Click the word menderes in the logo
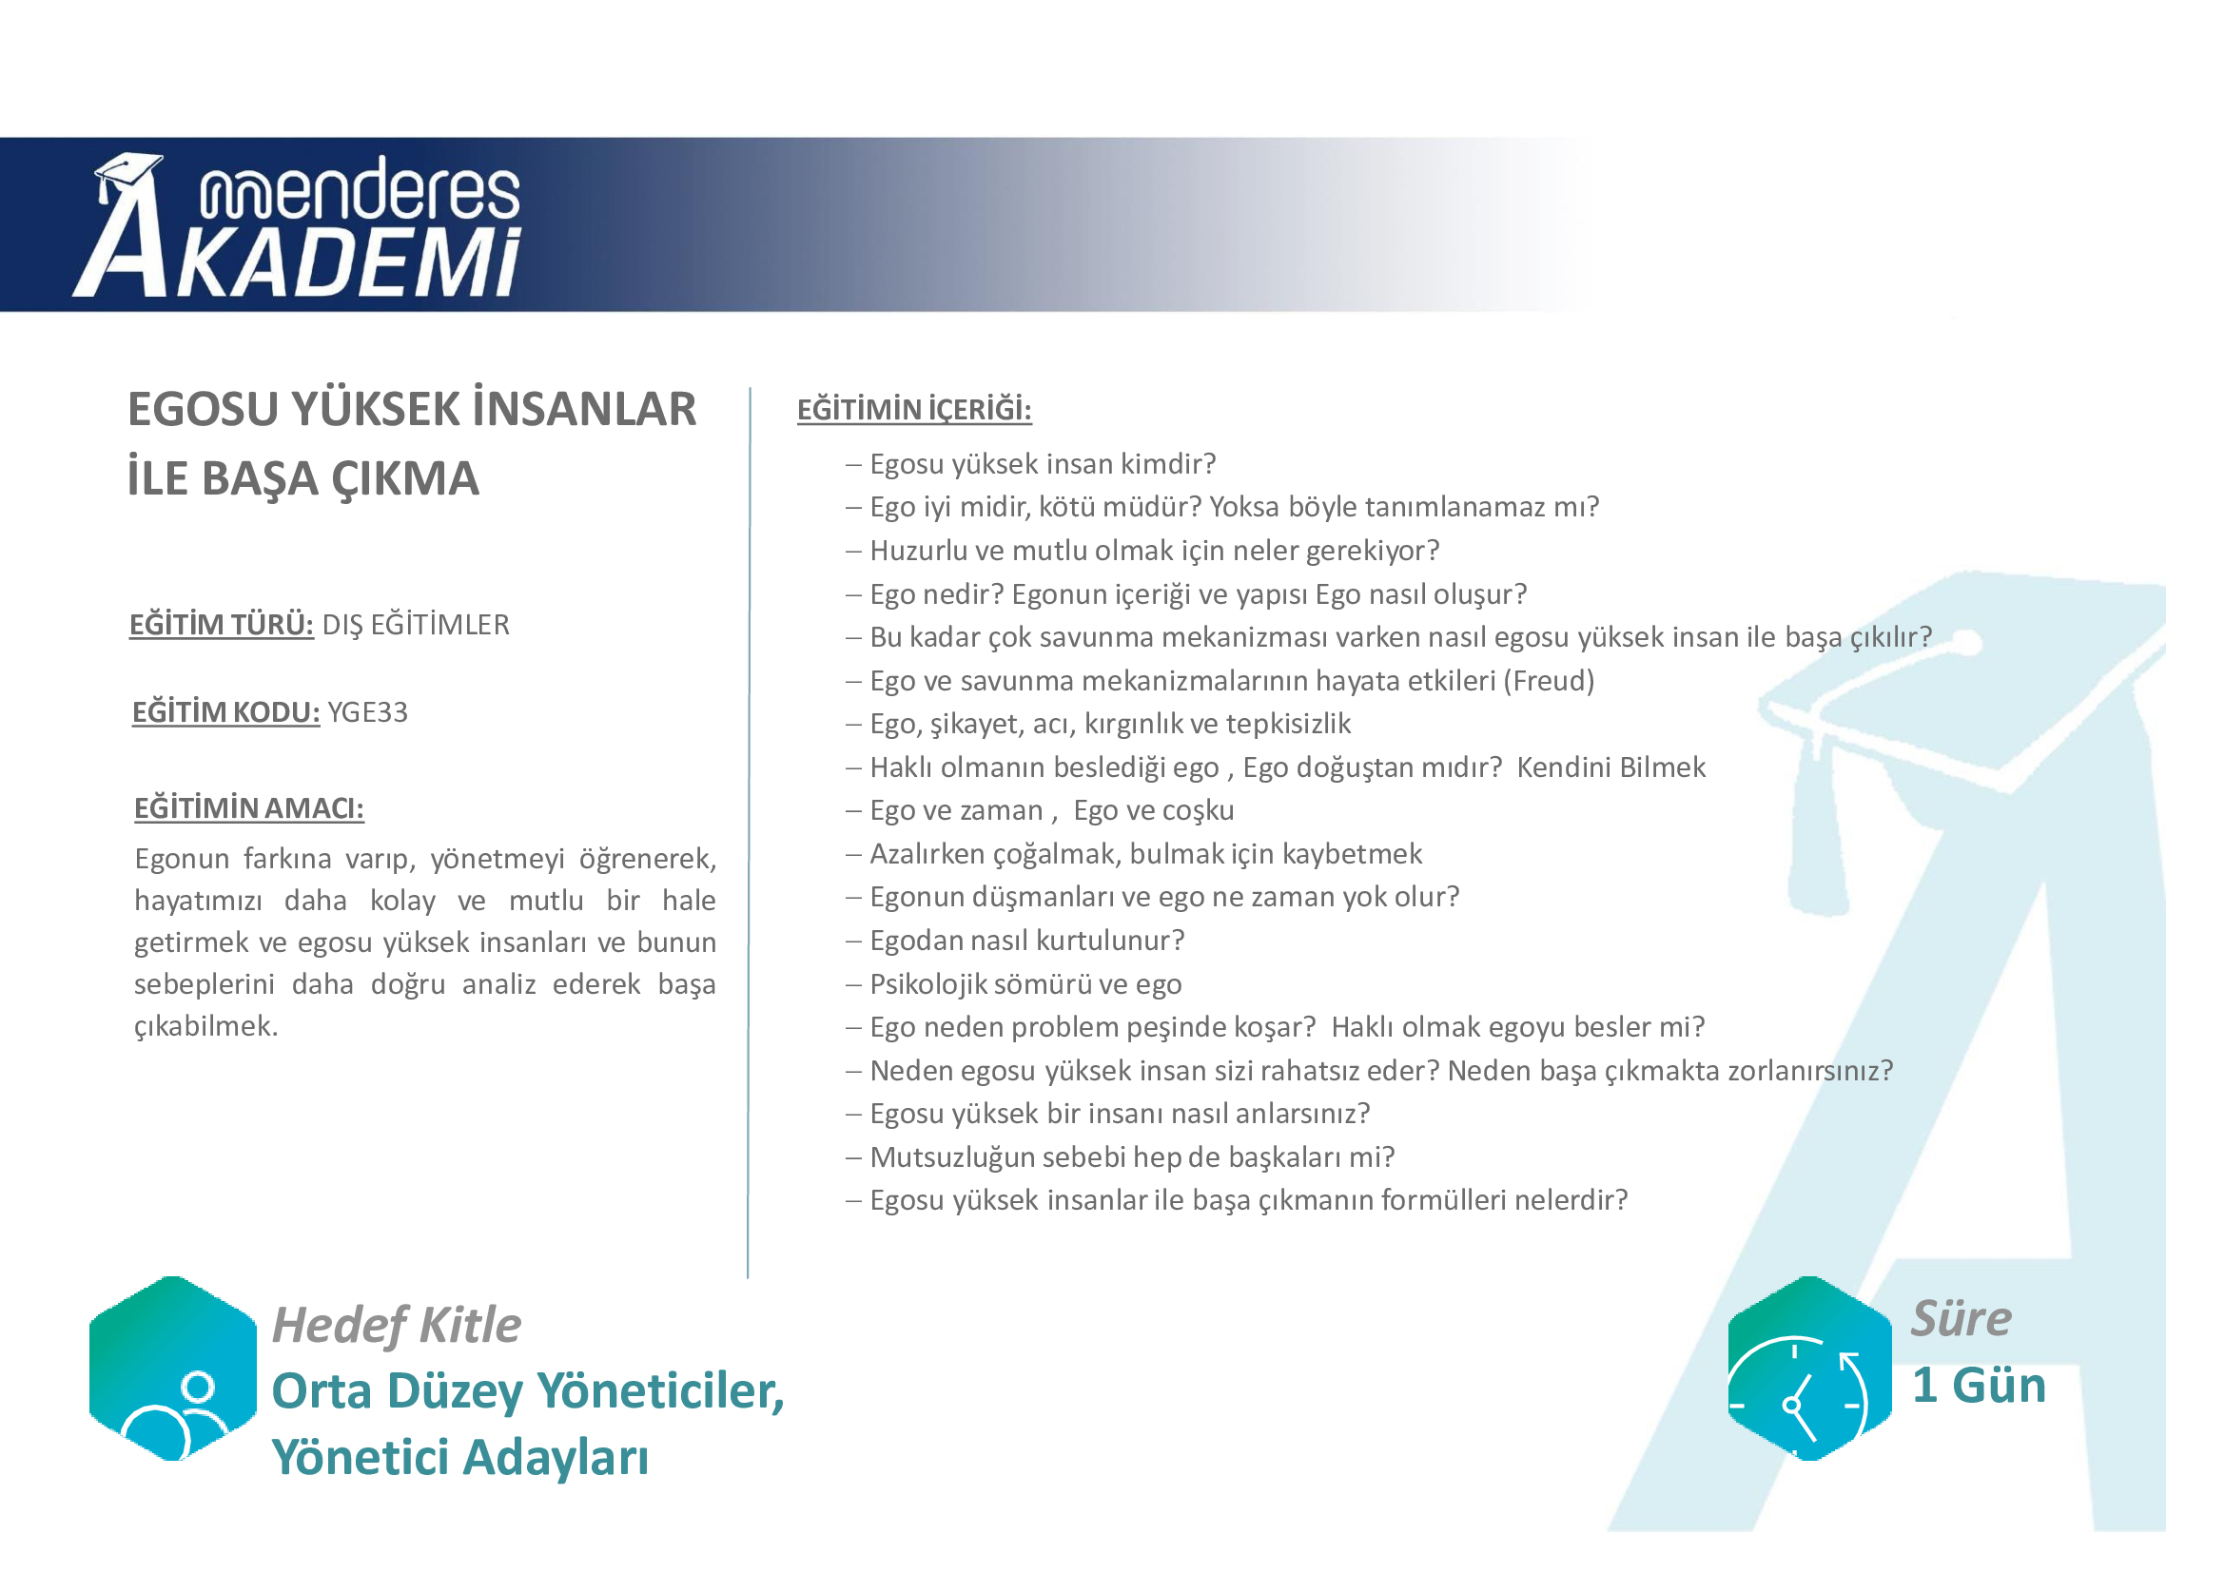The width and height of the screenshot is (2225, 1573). point(360,189)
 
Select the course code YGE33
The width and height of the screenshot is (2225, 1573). point(367,713)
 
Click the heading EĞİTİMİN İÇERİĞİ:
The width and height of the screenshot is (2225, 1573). point(914,410)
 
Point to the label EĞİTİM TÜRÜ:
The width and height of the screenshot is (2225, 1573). point(222,625)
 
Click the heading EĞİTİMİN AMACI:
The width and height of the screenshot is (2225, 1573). point(249,808)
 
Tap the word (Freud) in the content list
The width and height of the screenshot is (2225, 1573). point(1549,681)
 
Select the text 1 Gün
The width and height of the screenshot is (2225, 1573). point(1979,1385)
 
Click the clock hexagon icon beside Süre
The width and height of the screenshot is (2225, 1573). point(1809,1368)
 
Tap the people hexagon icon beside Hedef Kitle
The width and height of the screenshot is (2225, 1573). point(172,1368)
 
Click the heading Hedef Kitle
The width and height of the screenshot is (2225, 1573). point(397,1325)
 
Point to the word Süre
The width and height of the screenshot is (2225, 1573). point(1962,1318)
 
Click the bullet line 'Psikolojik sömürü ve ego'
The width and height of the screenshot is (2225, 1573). point(1025,984)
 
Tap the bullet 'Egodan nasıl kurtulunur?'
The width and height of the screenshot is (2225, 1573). point(1027,941)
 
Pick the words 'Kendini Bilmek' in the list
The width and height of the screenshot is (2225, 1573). point(1610,767)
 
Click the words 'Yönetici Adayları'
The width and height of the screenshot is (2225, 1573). point(460,1458)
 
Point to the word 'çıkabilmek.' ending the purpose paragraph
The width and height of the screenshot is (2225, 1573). point(206,1027)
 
